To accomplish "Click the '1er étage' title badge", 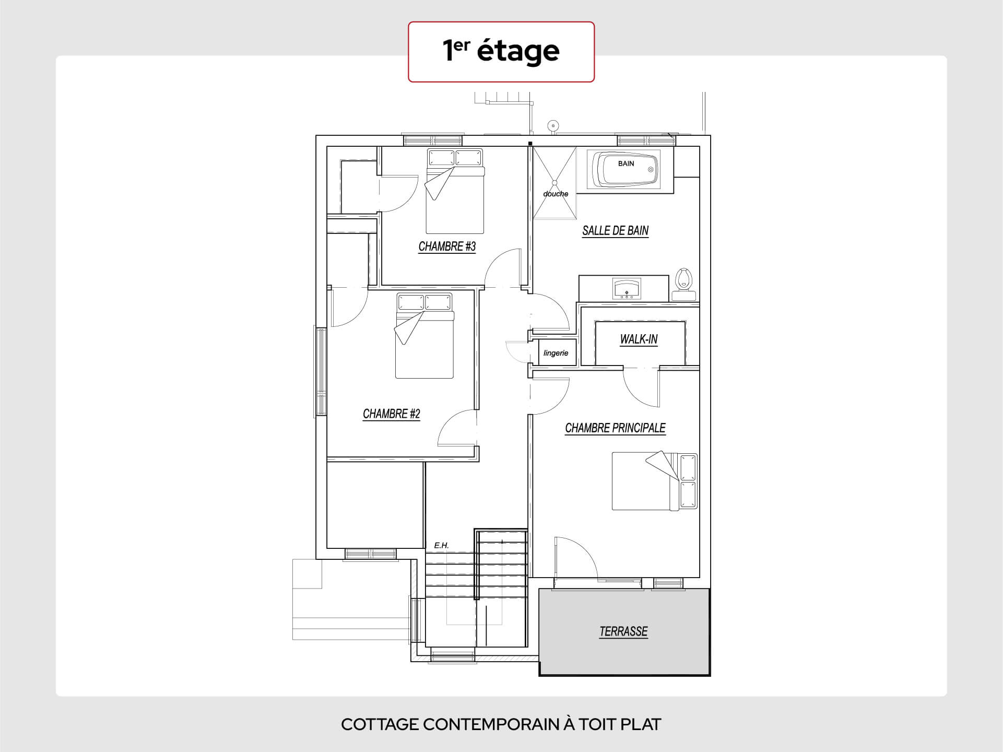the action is tap(501, 52).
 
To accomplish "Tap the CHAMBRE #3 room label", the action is tap(447, 246).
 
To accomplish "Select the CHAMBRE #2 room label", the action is tap(392, 414).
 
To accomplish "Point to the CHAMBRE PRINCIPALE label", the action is tap(615, 428).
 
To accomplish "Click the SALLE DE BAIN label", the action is tap(616, 231).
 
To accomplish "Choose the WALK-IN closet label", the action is tap(639, 339).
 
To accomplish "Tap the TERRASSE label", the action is tap(623, 631).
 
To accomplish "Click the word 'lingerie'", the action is tap(556, 353).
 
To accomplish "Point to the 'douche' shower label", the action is tap(556, 194).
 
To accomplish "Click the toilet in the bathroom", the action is tap(683, 284).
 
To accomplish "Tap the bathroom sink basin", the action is tap(627, 289).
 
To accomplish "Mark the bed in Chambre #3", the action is tap(455, 191).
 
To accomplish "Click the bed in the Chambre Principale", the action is tap(655, 481).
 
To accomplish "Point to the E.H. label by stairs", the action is tap(441, 546).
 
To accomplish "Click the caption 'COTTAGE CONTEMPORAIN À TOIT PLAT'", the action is tap(501, 724).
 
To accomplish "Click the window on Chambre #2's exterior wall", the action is tap(320, 371).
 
